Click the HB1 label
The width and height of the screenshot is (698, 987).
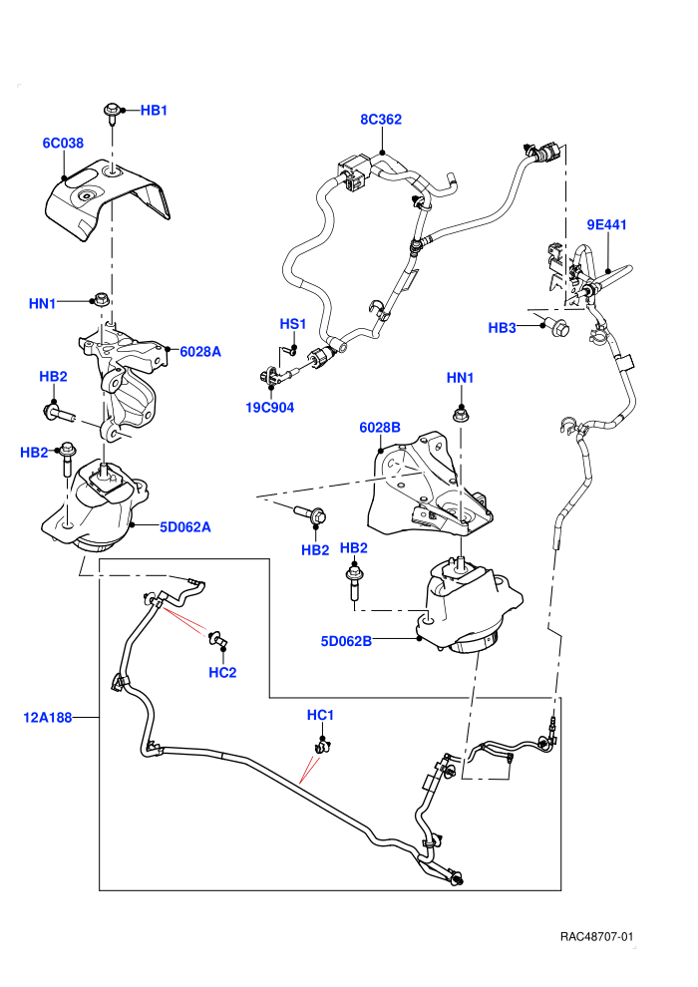(x=154, y=110)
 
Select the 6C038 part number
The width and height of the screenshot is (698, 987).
(x=63, y=143)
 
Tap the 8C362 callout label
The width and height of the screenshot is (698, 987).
(x=381, y=119)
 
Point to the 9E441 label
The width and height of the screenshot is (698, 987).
(x=606, y=224)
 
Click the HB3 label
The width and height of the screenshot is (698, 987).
(x=503, y=327)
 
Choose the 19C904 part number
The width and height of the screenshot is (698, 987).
(x=270, y=408)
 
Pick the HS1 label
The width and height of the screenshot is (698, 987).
(x=293, y=324)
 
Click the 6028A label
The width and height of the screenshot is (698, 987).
(x=200, y=352)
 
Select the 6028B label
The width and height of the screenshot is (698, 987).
(x=380, y=428)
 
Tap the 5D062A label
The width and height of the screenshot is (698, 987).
(x=185, y=526)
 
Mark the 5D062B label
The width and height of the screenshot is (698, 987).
(x=346, y=641)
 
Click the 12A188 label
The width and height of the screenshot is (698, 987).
(x=48, y=717)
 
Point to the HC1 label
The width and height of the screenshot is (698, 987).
(x=320, y=715)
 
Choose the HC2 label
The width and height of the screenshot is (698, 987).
(x=222, y=672)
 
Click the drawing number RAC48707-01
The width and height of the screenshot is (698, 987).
(x=596, y=937)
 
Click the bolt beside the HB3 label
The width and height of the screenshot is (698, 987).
(x=560, y=327)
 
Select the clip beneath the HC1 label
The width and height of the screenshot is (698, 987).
(x=323, y=747)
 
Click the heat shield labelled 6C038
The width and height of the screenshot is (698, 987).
(x=107, y=199)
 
